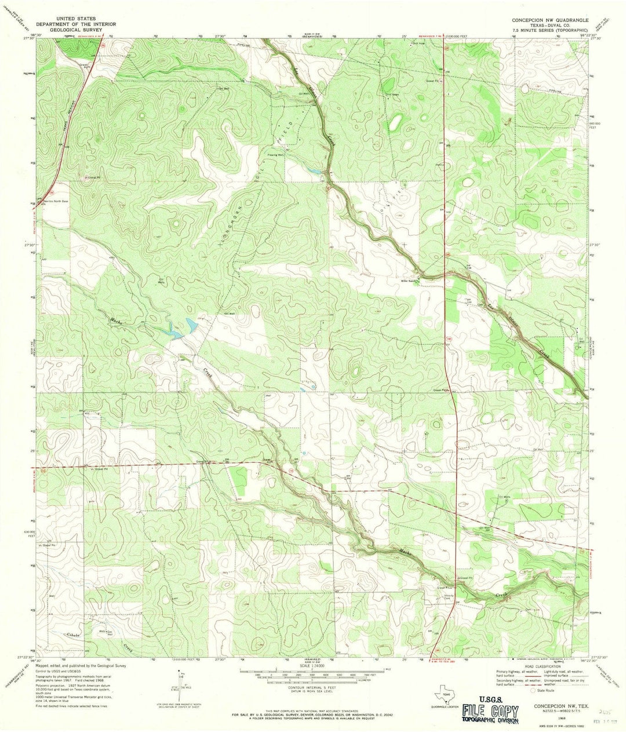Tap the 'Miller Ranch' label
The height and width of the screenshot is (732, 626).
410,276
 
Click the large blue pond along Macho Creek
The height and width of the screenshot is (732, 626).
189,326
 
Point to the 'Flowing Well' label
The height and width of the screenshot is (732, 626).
292,155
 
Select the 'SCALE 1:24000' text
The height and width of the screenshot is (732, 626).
312,665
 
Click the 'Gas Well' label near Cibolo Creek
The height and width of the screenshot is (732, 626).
108,633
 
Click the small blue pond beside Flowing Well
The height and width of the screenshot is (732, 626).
314,172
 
